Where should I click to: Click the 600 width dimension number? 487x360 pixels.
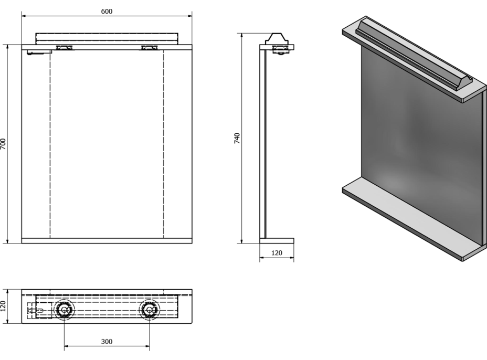(107, 12)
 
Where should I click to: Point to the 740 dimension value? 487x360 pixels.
(237, 139)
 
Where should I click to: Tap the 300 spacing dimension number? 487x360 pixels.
(107, 342)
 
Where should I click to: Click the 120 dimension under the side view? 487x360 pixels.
(277, 253)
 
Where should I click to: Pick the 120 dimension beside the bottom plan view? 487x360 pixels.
(4, 306)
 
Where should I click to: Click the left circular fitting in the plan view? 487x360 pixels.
(64, 310)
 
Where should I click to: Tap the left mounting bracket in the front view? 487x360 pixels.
(65, 48)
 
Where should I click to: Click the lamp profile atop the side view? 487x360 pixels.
(277, 39)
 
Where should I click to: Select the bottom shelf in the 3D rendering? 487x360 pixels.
(409, 215)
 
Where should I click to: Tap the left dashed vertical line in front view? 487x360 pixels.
(49, 144)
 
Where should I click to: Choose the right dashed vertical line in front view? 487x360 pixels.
(164, 144)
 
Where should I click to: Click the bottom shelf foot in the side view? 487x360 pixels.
(277, 241)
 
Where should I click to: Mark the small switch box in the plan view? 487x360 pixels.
(31, 311)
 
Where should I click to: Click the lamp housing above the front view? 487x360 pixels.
(107, 38)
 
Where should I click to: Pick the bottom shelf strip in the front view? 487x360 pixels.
(107, 241)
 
